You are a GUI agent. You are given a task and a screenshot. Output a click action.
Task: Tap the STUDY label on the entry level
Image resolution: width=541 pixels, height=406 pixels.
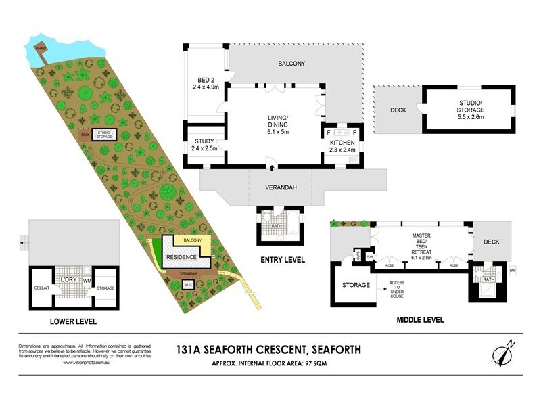pos(204,143)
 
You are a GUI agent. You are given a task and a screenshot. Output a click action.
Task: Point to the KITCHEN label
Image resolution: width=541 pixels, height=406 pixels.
pos(342,143)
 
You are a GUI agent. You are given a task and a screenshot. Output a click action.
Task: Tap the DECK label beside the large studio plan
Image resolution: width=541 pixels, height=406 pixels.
pos(398,110)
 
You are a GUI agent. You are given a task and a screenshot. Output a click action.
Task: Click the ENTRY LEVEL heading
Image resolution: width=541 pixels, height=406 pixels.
pos(282,260)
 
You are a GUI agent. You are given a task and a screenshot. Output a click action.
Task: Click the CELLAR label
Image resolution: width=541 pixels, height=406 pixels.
pos(40,288)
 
